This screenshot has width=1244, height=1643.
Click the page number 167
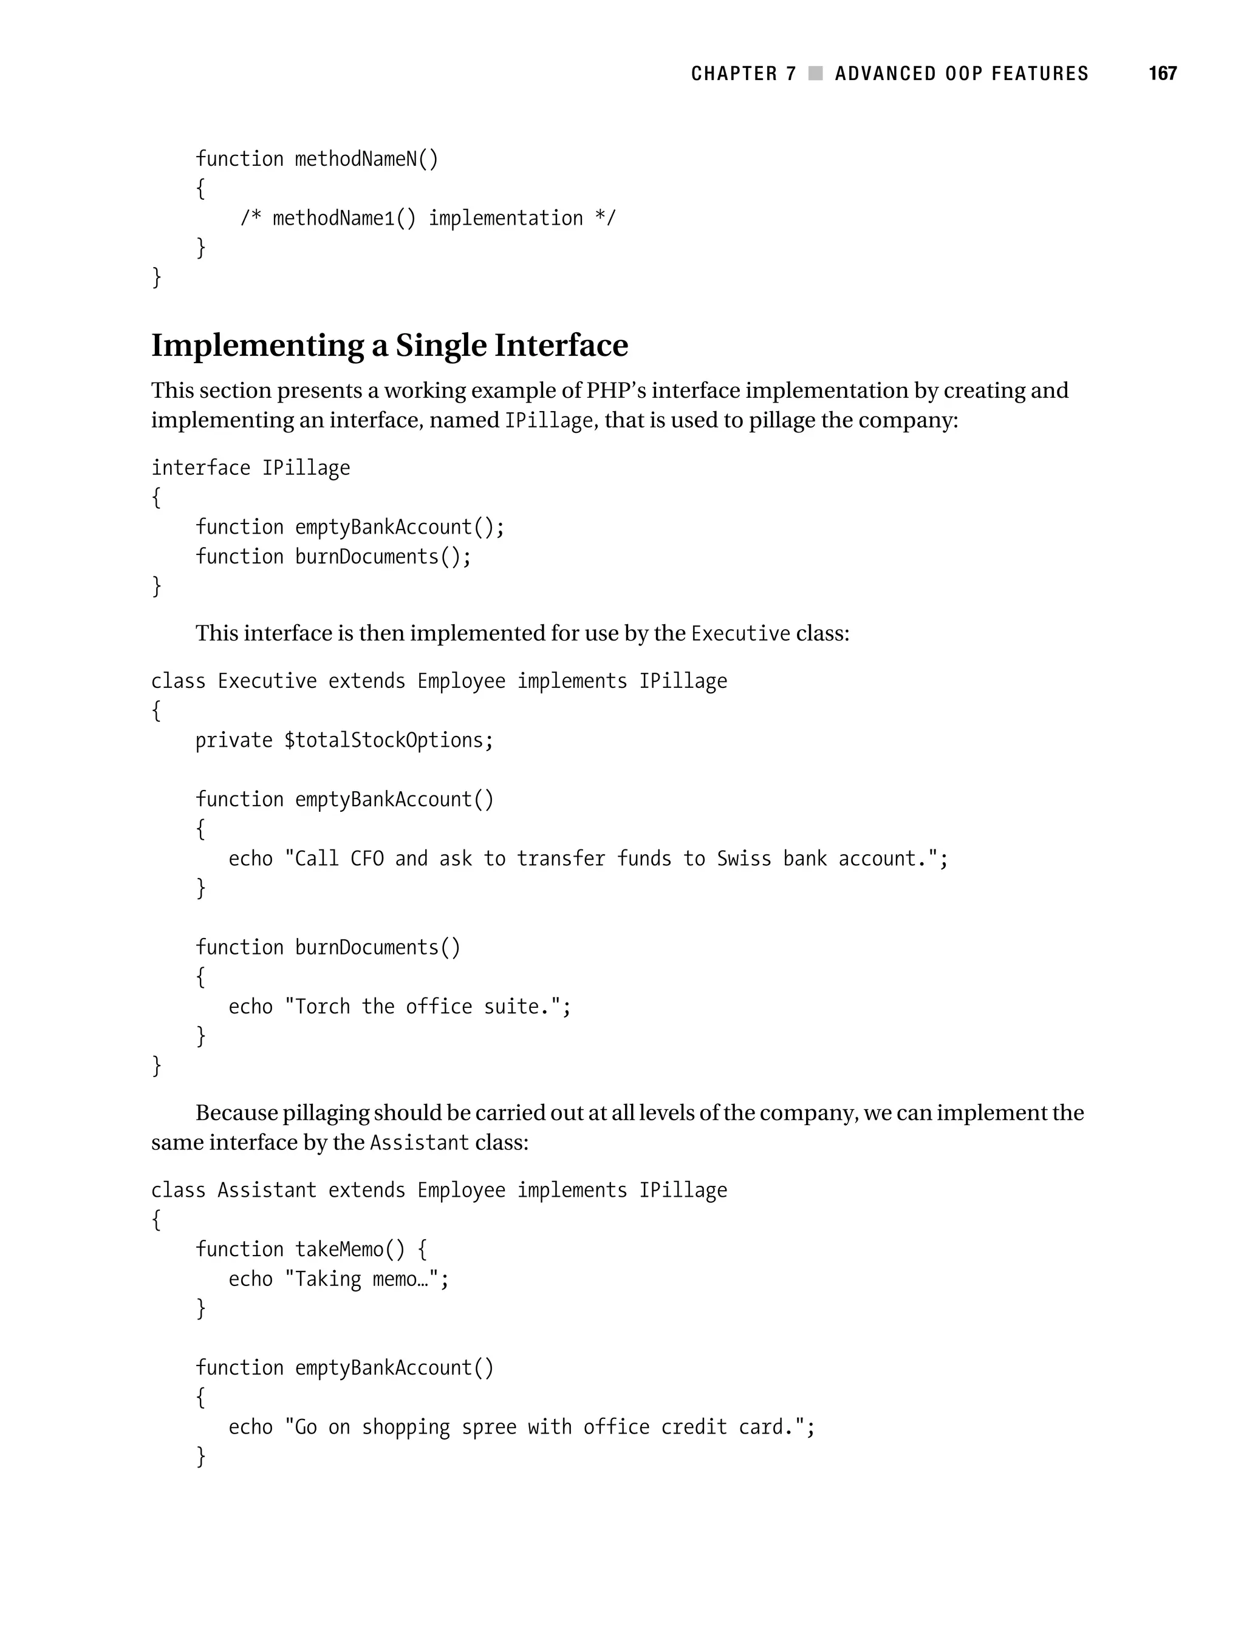(1162, 73)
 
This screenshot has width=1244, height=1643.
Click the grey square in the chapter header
(815, 73)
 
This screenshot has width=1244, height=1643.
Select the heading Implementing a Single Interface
(389, 345)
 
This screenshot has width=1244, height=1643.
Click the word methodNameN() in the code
(366, 159)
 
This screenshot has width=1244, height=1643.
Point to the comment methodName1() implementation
(427, 219)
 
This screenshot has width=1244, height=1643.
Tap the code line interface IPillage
(250, 468)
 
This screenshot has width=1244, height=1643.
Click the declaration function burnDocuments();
(333, 556)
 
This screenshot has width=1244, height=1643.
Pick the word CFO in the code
(367, 859)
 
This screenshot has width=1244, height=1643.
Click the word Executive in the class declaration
(267, 681)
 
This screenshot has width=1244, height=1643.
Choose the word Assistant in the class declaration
(267, 1190)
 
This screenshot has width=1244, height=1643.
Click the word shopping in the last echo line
(406, 1427)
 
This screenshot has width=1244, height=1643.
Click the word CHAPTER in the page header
(734, 73)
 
